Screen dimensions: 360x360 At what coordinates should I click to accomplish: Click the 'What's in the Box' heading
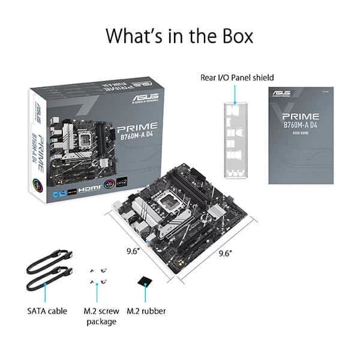(179, 35)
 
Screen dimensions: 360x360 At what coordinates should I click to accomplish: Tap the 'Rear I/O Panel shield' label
(237, 77)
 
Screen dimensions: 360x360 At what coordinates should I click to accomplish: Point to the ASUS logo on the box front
(149, 97)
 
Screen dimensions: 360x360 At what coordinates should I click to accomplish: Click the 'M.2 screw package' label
(100, 316)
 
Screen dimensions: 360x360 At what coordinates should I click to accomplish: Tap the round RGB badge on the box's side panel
(40, 179)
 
